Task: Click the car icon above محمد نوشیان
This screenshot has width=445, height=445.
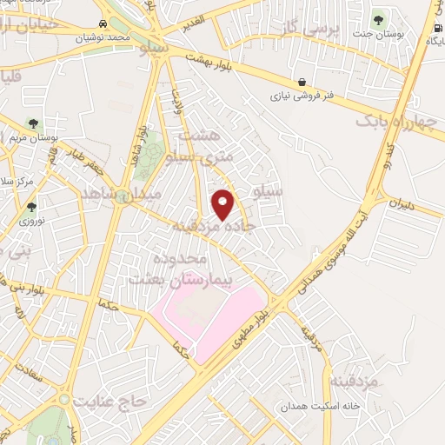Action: pyautogui.click(x=104, y=23)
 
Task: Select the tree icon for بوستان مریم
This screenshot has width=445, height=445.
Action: pyautogui.click(x=33, y=123)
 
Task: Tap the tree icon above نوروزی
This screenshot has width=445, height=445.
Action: pyautogui.click(x=32, y=207)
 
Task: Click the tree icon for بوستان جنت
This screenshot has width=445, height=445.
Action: pyautogui.click(x=378, y=18)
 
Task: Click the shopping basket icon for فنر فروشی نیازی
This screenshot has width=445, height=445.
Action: pyautogui.click(x=301, y=81)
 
